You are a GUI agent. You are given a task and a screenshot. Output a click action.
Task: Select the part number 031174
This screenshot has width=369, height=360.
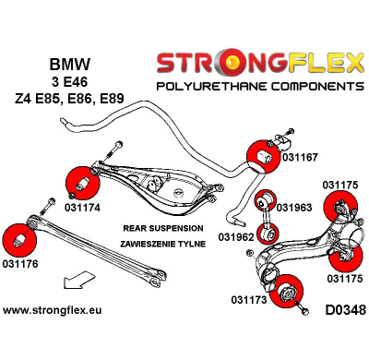pos(83,207)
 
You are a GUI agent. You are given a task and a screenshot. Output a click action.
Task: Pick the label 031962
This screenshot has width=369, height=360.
pos(237,236)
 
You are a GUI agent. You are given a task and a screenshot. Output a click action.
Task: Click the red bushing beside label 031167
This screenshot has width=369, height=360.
pos(258,155)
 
